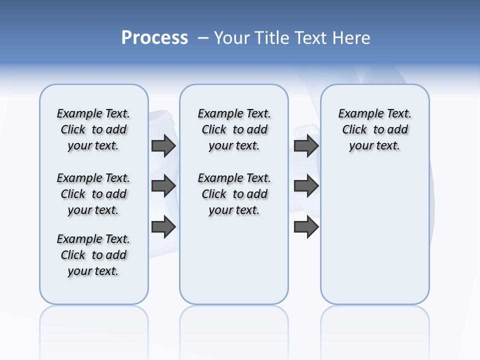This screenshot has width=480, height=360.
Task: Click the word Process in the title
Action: pos(154,37)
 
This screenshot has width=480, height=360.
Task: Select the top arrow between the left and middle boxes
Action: pos(163,145)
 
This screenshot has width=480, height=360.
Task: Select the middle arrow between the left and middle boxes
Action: pos(163,186)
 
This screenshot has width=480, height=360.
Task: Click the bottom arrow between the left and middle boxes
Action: pos(163,227)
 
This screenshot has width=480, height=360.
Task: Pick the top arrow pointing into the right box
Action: pos(306,145)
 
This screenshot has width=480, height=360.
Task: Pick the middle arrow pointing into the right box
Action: pos(306,186)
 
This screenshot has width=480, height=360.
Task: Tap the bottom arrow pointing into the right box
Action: pos(306,227)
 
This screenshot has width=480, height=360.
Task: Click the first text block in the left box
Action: pos(93,129)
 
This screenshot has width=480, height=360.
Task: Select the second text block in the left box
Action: pos(93,194)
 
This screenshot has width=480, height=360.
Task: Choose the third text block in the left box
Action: pos(93,255)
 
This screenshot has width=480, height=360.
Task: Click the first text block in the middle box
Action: pos(234,129)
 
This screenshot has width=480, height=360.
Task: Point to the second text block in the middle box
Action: pos(234,194)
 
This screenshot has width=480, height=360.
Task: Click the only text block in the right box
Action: pos(375,129)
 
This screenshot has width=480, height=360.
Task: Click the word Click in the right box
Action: pos(354,130)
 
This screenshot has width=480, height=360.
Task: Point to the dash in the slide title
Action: pos(203,38)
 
